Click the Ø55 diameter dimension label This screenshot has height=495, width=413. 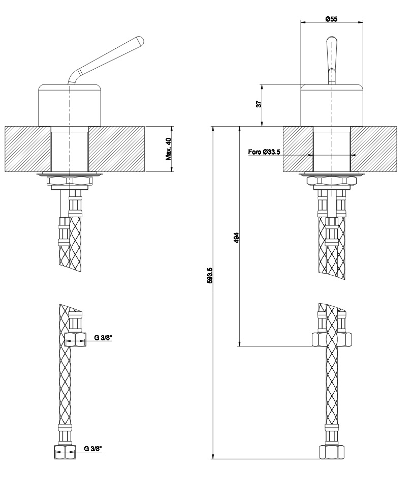point(332,18)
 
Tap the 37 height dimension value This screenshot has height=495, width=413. point(259,104)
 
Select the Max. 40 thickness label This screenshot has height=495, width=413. point(169,149)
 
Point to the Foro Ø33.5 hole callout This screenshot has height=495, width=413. point(264,152)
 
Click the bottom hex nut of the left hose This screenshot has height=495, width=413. point(65,452)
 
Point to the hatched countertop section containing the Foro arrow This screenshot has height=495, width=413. point(297,149)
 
